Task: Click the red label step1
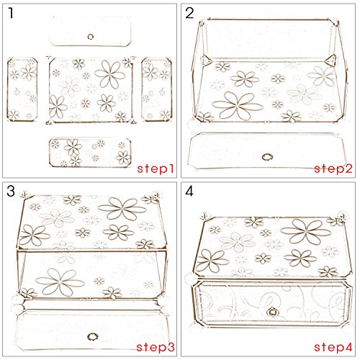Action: coord(156,168)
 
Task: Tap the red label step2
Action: coord(333,168)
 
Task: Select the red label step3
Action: coord(156,347)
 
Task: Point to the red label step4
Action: coord(333,347)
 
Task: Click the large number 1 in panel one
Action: coord(11,13)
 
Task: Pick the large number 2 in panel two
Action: coord(189,13)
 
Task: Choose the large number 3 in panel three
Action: coord(11,192)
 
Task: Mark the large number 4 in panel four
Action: coord(189,192)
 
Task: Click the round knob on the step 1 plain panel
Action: coord(91,37)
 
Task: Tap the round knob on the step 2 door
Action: coord(267,157)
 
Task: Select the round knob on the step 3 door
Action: coord(92,336)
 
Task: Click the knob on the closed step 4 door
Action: coord(272,312)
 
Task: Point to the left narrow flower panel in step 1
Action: coord(22,89)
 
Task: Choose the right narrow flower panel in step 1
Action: coord(157,89)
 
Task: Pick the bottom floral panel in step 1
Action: coord(90,153)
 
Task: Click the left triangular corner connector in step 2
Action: coord(205,60)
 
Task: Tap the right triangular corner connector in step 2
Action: coord(330,60)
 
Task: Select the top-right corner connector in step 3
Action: coord(156,195)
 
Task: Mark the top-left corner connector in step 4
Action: coord(204,216)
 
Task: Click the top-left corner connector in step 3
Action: coord(25,194)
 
